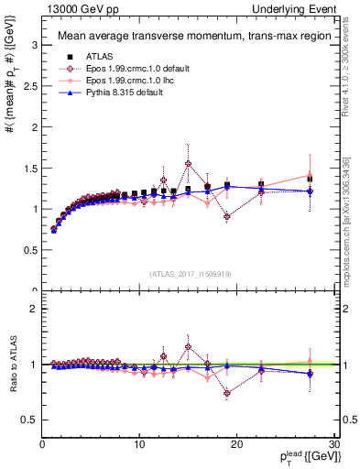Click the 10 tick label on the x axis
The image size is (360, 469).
point(139,444)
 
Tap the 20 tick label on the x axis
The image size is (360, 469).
point(236,444)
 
